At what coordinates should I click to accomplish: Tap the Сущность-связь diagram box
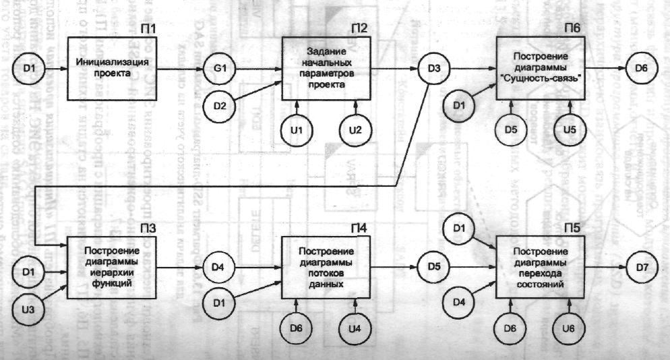point(541,68)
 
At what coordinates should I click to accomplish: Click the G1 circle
point(224,68)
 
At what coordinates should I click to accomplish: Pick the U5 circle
point(570,129)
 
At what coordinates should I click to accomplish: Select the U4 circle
point(357,328)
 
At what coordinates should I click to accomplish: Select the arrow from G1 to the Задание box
point(260,68)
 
